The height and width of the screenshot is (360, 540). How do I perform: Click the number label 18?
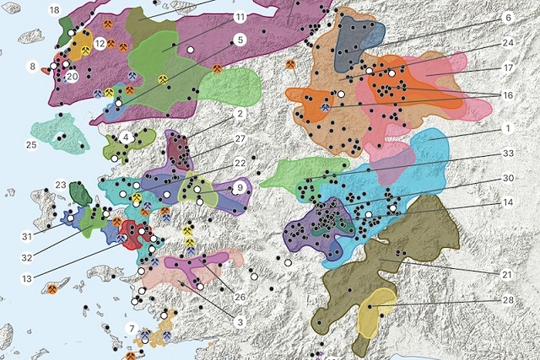click(x=54, y=9)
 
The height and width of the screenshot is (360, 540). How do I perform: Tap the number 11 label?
click(x=240, y=17)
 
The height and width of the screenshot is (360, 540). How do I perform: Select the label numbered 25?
click(x=31, y=145)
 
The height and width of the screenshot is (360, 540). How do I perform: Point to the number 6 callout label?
click(x=508, y=17)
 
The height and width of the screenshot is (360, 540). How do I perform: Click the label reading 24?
click(x=508, y=41)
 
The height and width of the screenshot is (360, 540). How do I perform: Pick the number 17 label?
click(x=508, y=67)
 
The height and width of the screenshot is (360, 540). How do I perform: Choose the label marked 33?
click(x=508, y=153)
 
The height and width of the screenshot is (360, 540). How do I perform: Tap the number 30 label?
click(x=508, y=178)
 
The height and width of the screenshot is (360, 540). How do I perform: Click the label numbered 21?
click(x=508, y=275)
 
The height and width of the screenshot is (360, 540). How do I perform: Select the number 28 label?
click(x=508, y=300)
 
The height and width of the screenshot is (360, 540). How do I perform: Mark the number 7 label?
click(x=131, y=327)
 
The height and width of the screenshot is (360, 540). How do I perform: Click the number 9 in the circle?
click(x=240, y=187)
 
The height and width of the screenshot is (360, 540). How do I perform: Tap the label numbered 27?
click(x=240, y=138)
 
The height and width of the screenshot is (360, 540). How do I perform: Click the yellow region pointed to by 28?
click(x=377, y=314)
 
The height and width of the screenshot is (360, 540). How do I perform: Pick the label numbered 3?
click(x=240, y=321)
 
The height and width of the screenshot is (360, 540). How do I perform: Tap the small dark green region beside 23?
click(x=81, y=193)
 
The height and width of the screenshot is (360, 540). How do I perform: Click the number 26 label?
click(x=240, y=296)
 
